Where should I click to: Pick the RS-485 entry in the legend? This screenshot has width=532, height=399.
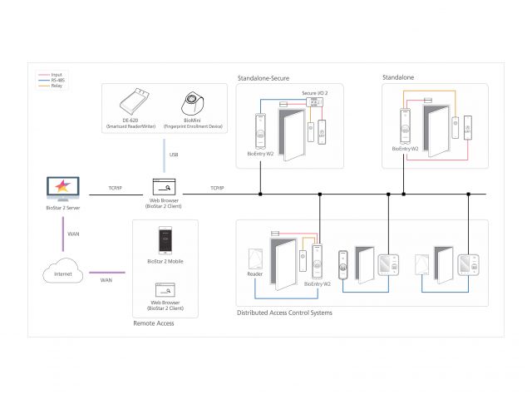click(x=56, y=80)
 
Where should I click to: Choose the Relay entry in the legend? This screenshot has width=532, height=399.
click(x=56, y=85)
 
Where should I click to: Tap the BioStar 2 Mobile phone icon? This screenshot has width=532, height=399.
click(x=165, y=240)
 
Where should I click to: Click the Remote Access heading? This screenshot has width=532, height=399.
click(x=154, y=323)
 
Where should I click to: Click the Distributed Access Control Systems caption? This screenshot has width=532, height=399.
click(x=284, y=313)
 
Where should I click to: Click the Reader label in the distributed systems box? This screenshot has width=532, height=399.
click(x=255, y=273)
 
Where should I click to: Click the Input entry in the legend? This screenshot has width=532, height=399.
click(x=56, y=75)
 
